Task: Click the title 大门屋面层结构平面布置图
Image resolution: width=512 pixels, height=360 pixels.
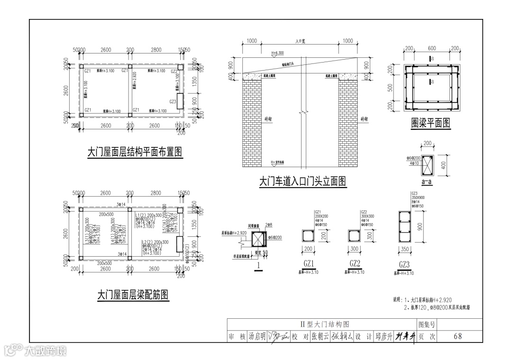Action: [135, 152]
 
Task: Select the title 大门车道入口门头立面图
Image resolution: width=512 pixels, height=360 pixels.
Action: [302, 181]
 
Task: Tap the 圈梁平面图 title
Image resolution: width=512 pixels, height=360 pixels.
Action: [430, 124]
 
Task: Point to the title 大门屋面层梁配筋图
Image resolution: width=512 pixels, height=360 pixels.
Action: [133, 295]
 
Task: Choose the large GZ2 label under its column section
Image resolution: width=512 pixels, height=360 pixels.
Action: [355, 264]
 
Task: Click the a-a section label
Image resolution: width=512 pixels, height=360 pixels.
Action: [428, 181]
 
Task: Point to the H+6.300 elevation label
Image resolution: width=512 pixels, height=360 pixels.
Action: [277, 53]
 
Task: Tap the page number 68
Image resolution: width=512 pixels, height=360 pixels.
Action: [457, 336]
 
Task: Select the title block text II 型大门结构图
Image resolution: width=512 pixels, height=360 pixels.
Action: [325, 324]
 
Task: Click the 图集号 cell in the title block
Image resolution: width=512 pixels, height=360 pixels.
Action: [426, 324]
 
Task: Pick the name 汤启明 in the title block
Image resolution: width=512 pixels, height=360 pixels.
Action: [257, 336]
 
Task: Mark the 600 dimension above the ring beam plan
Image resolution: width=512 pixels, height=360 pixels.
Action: [431, 48]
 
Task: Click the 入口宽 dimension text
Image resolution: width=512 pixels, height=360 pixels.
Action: [300, 41]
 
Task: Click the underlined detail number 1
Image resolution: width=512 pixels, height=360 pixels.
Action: [258, 266]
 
